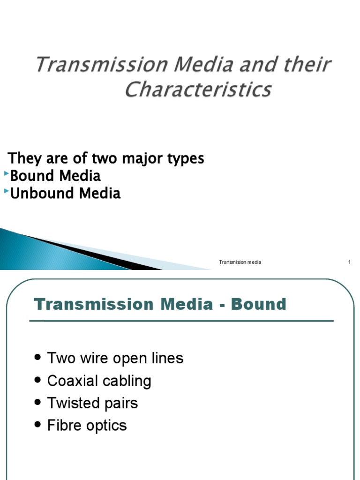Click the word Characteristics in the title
[198, 89]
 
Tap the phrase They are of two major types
[106, 158]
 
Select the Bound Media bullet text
[55, 176]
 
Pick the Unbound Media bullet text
[65, 193]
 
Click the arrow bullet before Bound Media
[7, 174]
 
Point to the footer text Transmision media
[240, 262]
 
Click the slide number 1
[349, 262]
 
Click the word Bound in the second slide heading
[259, 304]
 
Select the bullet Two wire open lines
[115, 359]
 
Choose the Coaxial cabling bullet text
[99, 381]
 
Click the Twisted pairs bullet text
[92, 403]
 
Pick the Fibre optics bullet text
[87, 426]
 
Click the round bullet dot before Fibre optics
[38, 426]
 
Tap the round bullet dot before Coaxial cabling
[38, 381]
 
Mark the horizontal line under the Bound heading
[181, 321]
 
